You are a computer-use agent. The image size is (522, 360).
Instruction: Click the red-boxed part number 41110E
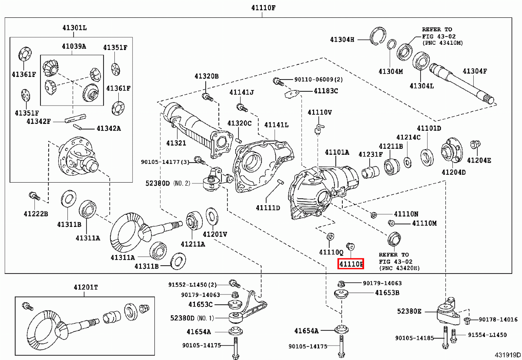pos(351,263)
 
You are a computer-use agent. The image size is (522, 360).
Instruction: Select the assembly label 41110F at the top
pos(263,8)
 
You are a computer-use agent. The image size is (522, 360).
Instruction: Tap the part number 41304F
pos(475,71)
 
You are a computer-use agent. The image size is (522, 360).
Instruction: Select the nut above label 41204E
pos(475,144)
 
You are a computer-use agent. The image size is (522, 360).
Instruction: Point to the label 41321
pos(176,143)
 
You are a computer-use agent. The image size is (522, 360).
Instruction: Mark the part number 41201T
pos(85,287)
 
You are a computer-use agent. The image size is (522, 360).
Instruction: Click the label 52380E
pos(409,311)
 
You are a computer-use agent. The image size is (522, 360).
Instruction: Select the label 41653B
pos(387,293)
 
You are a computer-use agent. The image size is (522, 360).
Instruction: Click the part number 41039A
pos(74,46)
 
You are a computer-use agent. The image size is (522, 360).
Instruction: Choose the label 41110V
pos(320,112)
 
